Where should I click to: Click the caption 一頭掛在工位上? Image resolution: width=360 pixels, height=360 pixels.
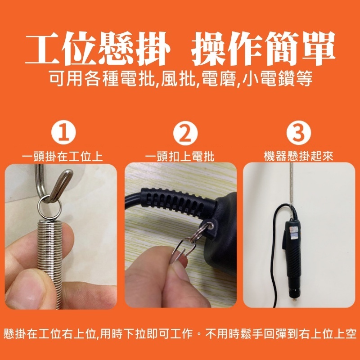pyautogui.click(x=63, y=157)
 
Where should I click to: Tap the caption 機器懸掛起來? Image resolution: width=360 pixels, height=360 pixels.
pyautogui.click(x=298, y=157)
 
